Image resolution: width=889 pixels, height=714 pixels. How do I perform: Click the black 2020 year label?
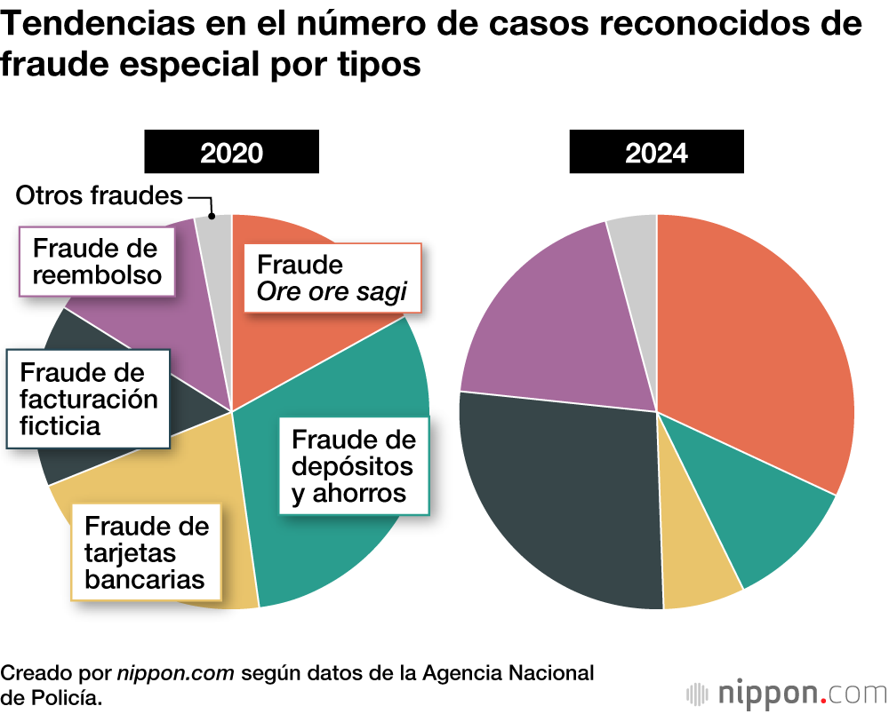click(231, 152)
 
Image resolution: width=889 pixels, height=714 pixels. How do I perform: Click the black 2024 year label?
click(656, 152)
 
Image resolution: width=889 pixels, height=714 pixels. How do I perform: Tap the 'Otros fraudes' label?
click(100, 196)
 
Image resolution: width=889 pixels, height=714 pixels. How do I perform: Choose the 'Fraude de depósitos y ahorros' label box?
click(354, 465)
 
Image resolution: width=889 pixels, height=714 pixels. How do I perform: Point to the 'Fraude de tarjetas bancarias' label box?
click(147, 552)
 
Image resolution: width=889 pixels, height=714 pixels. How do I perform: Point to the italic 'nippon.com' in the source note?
click(175, 672)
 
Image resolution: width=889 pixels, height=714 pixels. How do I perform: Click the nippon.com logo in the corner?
click(787, 691)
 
